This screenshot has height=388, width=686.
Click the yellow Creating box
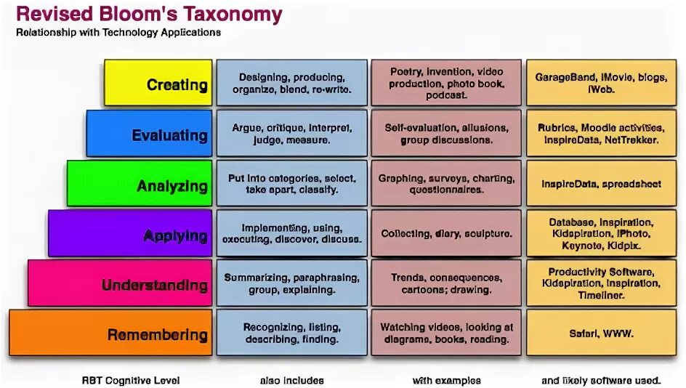point(158,83)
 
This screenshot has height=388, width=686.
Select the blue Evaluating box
point(149,134)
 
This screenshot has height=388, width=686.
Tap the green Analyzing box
point(140,184)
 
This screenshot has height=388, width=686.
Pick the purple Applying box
point(130,233)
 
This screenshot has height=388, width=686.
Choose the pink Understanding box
point(120,283)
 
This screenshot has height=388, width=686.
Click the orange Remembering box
point(110,333)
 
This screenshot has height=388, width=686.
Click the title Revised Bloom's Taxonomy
point(149,15)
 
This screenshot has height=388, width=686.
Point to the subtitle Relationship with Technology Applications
point(118,33)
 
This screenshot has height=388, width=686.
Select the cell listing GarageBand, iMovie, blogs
point(600,83)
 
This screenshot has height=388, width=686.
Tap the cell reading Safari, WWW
point(600,334)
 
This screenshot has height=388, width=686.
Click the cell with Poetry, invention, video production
point(446,83)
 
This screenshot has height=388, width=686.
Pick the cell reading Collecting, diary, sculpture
point(446,234)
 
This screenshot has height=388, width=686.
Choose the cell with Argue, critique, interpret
point(291,134)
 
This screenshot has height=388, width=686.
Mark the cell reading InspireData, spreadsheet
point(600,184)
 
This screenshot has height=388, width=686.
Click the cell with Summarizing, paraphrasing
point(291,283)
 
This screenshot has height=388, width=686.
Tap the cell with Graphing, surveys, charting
point(446,184)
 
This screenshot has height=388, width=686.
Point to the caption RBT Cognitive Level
point(131,380)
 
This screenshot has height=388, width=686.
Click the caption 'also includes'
point(291,380)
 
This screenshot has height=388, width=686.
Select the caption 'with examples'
point(446,380)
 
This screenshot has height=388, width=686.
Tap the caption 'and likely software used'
point(600,380)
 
